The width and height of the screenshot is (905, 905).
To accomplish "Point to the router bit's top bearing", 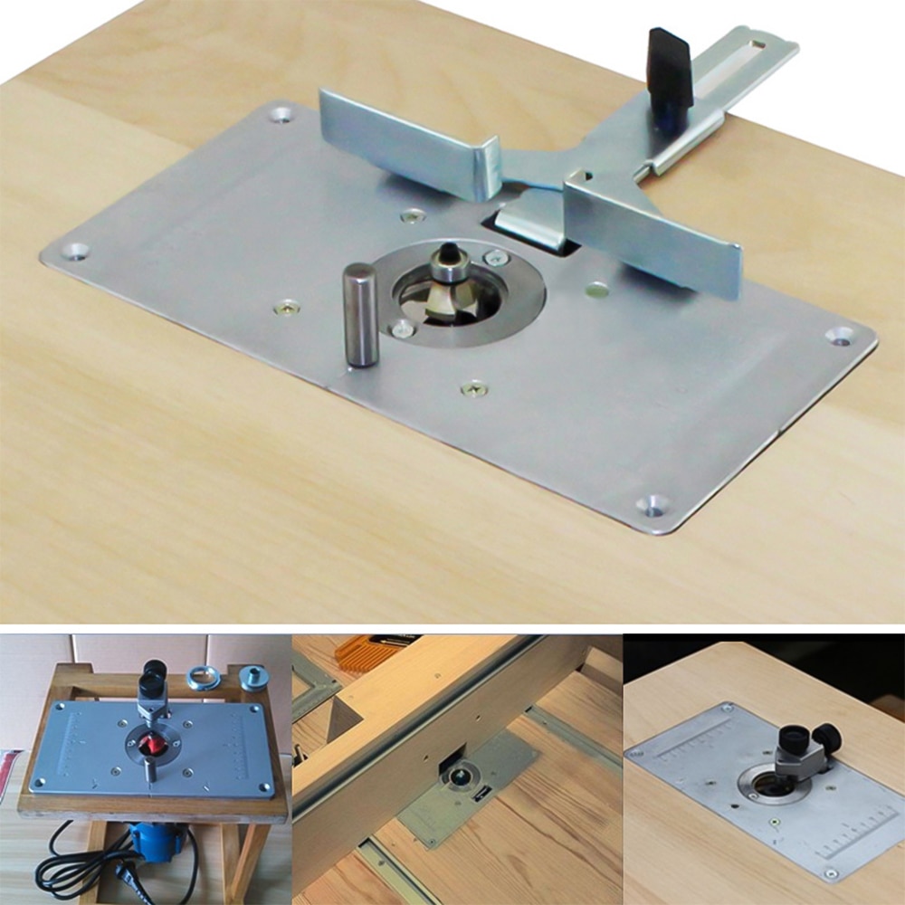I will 449,262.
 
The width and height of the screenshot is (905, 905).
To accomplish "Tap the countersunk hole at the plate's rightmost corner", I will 840,335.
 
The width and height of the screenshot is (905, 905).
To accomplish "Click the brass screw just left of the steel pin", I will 287,306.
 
